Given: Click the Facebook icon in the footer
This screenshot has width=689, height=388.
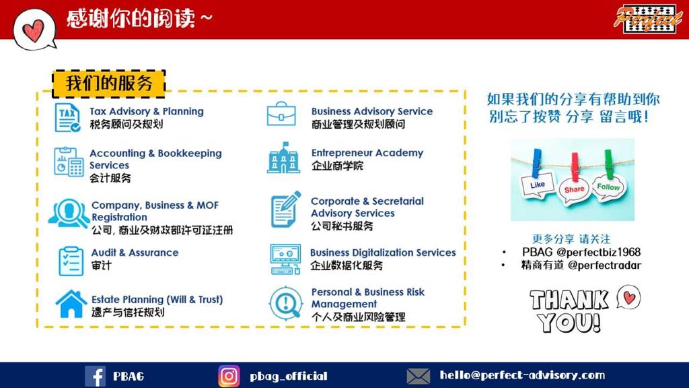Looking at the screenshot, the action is tap(95, 376).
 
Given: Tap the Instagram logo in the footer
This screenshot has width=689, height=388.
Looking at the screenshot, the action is tap(229, 376).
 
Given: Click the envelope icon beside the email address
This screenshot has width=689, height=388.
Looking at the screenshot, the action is tap(418, 376).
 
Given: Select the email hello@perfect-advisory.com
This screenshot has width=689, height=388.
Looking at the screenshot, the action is tap(522, 375).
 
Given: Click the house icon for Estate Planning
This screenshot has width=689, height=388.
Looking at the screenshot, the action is tap(71, 304).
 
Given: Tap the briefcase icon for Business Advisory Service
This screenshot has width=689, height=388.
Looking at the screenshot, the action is tap(281, 114).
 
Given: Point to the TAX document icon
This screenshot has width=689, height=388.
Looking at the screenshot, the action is tap(67, 117).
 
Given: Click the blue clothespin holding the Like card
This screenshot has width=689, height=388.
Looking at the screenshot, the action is tap(536, 163).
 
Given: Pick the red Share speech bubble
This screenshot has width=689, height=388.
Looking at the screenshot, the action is tap(574, 189).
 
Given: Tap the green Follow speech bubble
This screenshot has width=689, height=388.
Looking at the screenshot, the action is tap(608, 187).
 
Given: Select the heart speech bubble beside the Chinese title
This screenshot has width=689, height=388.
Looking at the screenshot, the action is tap(34, 30).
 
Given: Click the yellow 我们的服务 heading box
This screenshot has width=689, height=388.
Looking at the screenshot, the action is tap(109, 83).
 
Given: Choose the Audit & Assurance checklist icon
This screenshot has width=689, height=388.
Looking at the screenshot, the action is tap(71, 261).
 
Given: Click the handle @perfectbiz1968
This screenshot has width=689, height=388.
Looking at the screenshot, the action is tap(598, 252).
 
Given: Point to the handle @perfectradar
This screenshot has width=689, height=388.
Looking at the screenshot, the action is tap(605, 265).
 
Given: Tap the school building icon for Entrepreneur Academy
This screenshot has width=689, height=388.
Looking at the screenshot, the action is tap(283, 158).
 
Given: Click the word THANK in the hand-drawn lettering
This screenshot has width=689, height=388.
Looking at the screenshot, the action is tap(569, 300).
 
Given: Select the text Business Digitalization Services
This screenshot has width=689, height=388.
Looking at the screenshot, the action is tap(383, 253).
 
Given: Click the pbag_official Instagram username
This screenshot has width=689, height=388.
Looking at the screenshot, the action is tap(289, 376).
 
